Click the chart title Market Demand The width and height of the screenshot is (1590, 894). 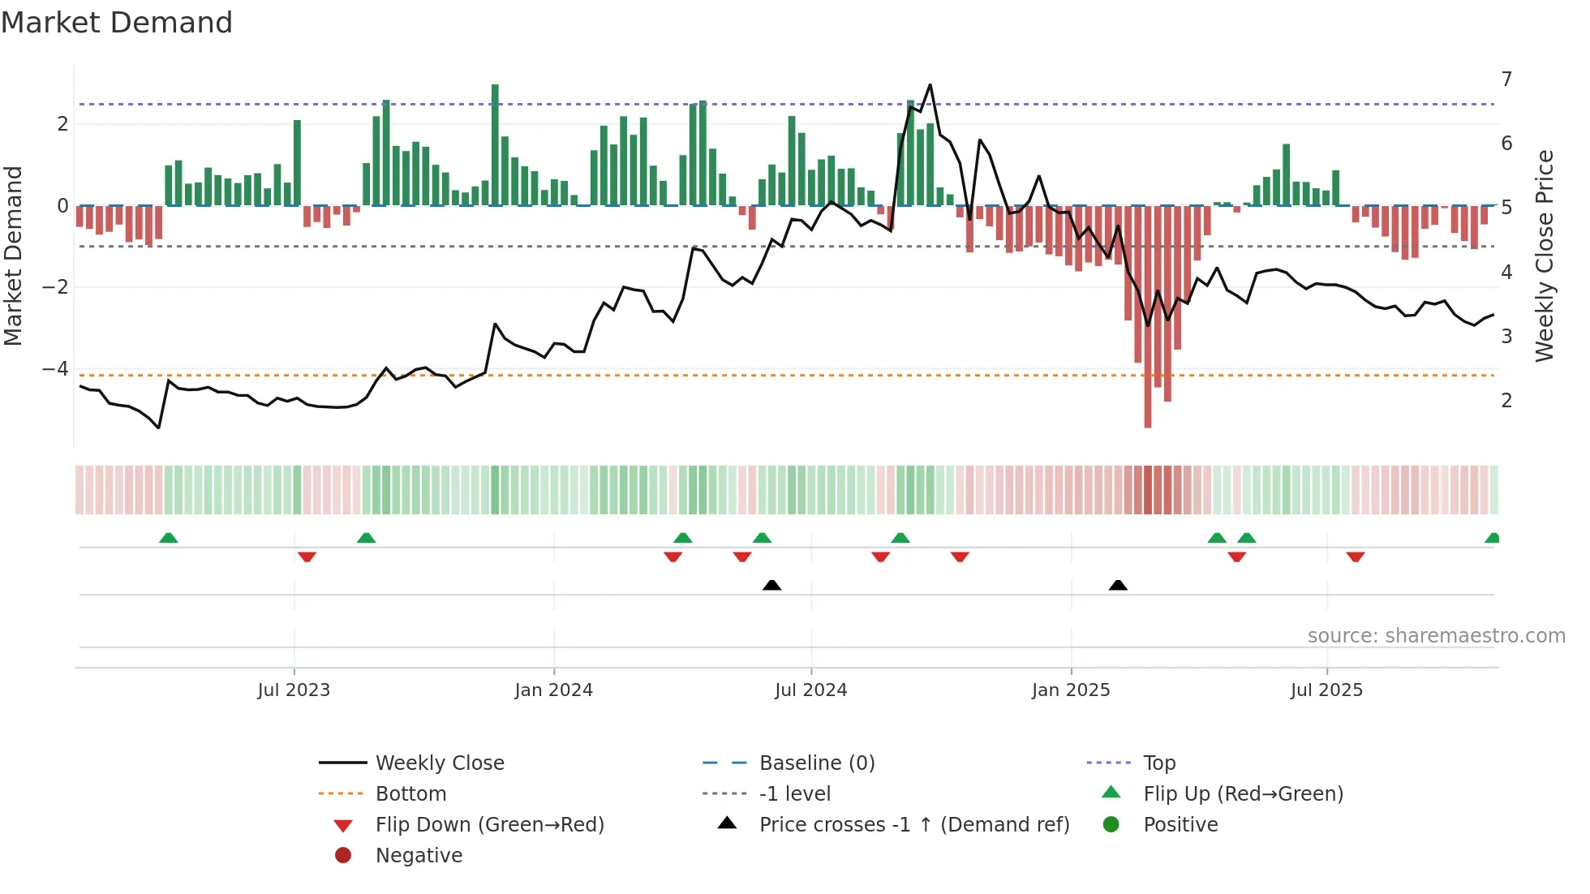(117, 23)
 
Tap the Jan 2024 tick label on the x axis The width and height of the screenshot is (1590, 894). (553, 690)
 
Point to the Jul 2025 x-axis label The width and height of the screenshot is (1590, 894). (1326, 690)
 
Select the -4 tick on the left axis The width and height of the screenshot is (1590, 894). (55, 369)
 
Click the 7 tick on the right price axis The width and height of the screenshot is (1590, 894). (1506, 80)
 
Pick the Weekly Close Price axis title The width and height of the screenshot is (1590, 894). (1545, 256)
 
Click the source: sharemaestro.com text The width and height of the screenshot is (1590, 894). (1436, 636)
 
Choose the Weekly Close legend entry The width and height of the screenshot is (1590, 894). (439, 763)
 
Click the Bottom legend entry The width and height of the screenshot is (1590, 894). (410, 794)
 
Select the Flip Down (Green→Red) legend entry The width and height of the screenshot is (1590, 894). (489, 825)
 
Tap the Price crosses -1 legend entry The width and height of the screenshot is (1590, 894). (913, 825)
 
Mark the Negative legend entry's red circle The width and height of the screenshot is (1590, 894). (343, 856)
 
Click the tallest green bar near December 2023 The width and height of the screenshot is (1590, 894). (495, 146)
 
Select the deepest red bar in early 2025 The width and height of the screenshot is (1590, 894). (1148, 316)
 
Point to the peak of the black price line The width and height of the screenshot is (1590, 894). (930, 85)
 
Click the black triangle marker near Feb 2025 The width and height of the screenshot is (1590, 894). (1118, 586)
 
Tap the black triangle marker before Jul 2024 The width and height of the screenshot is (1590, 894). (771, 586)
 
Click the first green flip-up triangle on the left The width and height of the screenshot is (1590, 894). (168, 539)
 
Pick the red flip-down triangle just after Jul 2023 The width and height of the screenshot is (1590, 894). (307, 557)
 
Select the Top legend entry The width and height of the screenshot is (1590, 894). (1158, 763)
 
